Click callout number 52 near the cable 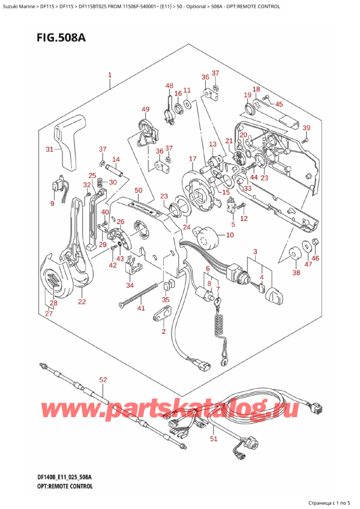(x=103, y=379)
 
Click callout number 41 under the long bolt (x=141, y=309)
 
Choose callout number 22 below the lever (x=82, y=301)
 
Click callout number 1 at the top (x=110, y=76)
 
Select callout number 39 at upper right (x=306, y=128)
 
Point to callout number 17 (x=192, y=159)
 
